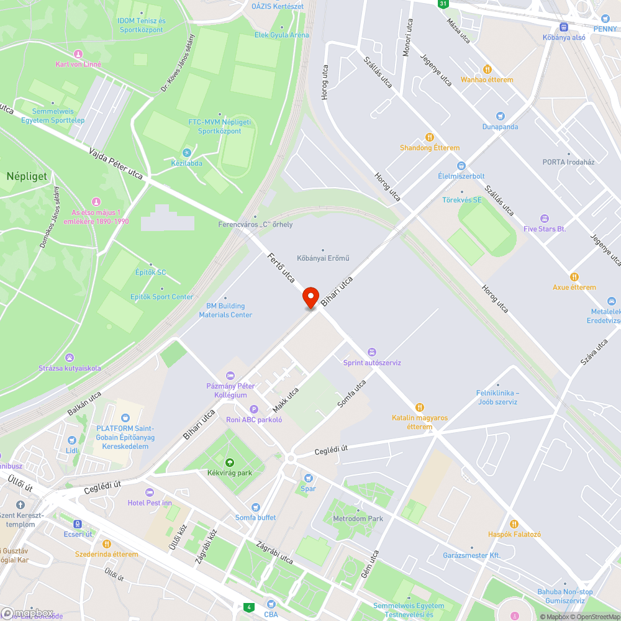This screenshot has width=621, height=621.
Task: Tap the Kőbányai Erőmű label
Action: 323,258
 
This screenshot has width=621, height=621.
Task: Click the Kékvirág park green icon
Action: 230,462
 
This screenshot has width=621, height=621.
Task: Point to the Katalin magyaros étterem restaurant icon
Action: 420,407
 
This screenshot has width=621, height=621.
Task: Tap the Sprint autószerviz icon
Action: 372,352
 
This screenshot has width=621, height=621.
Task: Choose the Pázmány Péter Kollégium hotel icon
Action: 230,376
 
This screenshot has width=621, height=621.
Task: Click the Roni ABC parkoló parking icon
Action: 253,409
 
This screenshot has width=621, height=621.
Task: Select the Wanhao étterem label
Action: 486,79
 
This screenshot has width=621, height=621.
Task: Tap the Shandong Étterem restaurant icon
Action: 428,137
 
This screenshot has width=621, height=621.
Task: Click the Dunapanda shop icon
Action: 501,116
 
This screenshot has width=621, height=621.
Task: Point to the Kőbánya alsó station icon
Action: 564,27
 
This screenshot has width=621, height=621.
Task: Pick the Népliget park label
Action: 27,176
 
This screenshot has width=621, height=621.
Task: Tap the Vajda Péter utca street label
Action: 116,163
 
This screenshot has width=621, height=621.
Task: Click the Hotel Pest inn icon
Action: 149,492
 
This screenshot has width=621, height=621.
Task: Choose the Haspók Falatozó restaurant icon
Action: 514,524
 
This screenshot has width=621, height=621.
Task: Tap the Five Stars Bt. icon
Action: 545,218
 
